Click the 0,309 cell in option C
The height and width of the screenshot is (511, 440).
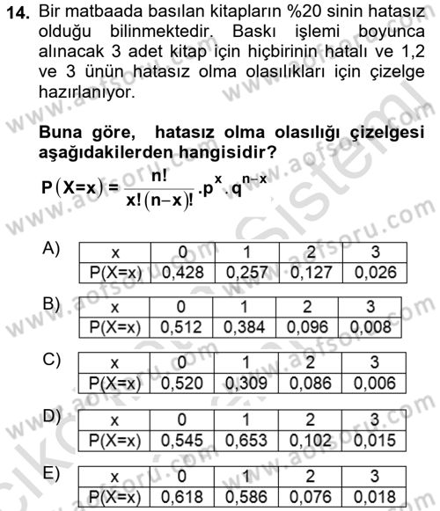coord(247,382)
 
